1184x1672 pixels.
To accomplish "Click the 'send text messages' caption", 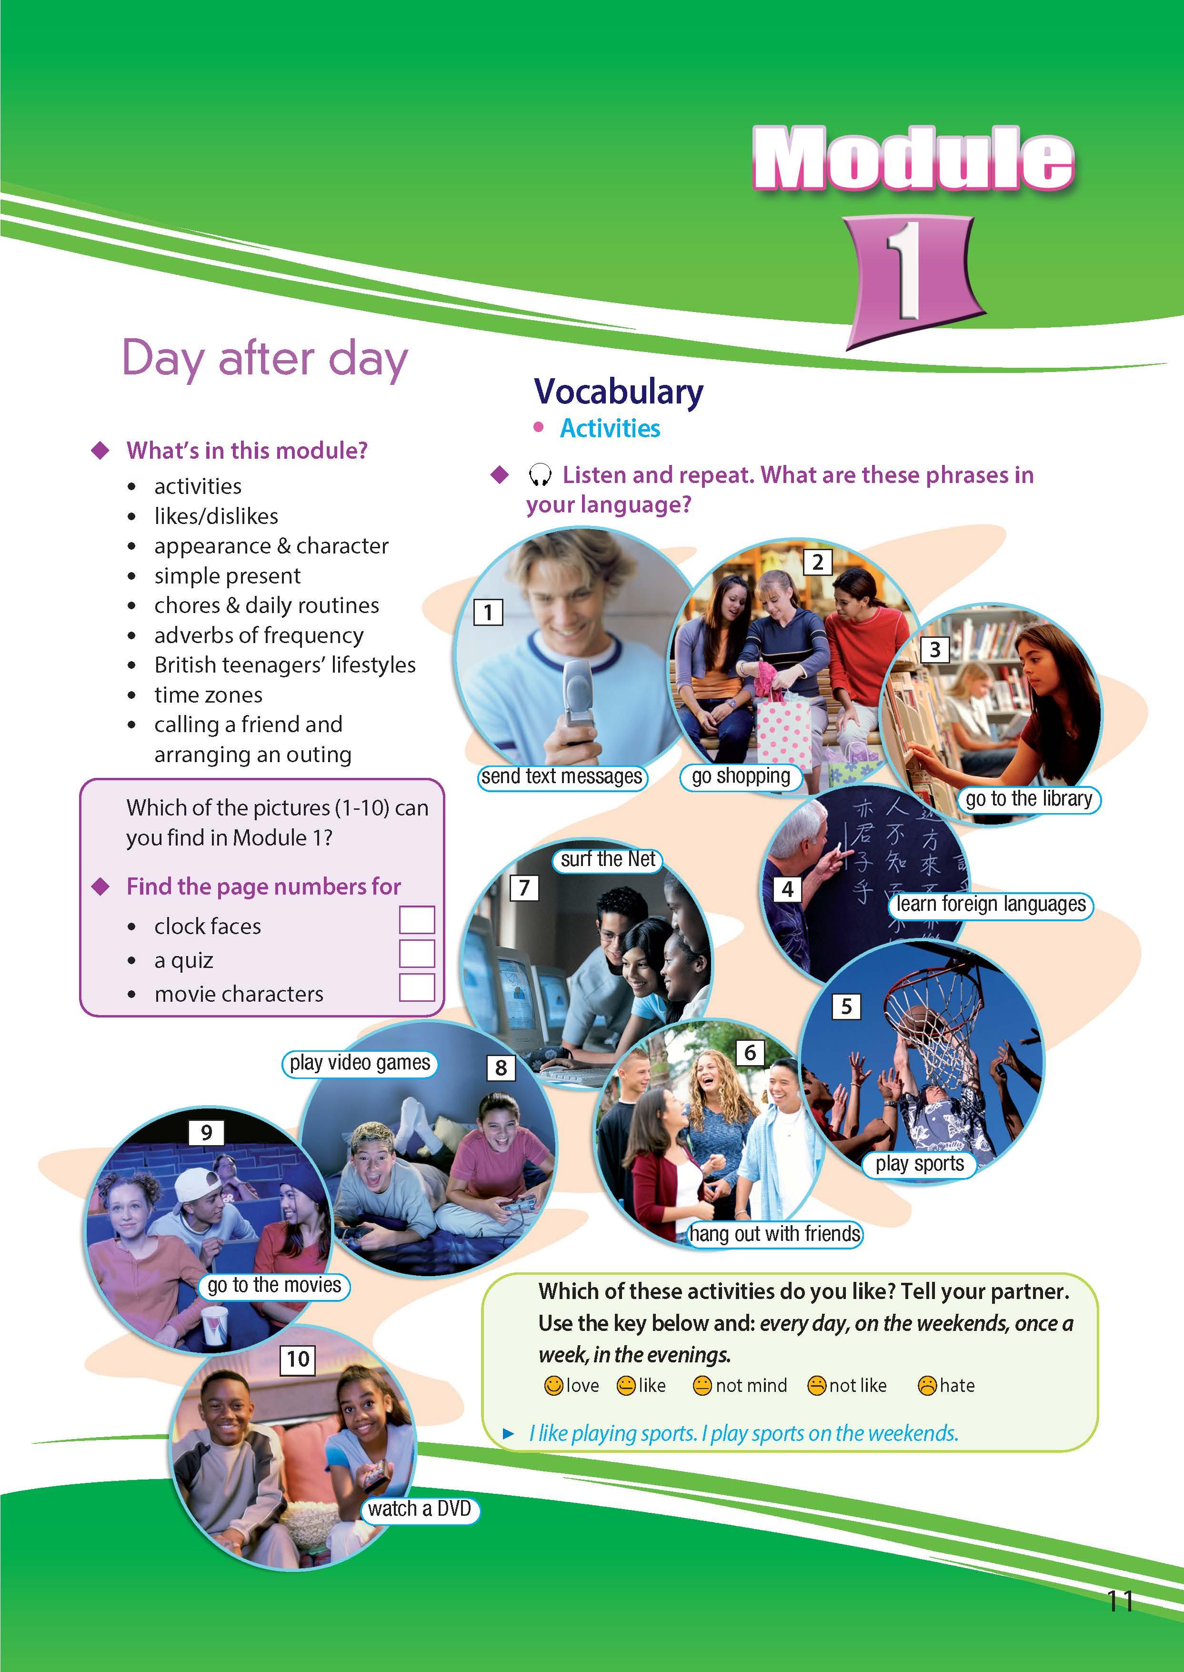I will [562, 776].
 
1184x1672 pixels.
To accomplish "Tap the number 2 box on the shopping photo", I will [817, 562].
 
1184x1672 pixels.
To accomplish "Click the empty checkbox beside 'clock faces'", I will [417, 920].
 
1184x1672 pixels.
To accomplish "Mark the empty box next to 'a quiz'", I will [417, 954].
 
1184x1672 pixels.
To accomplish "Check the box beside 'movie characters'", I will [417, 988].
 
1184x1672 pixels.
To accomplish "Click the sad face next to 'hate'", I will [927, 1385].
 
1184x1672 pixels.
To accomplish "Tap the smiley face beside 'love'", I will [554, 1385].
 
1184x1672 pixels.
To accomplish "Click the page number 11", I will [1120, 1602].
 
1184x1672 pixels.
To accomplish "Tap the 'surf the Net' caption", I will [608, 860].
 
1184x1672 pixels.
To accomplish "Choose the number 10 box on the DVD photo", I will [298, 1359].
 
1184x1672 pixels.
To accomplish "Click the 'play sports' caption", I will [919, 1164].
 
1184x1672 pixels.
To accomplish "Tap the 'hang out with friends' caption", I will [775, 1234].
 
